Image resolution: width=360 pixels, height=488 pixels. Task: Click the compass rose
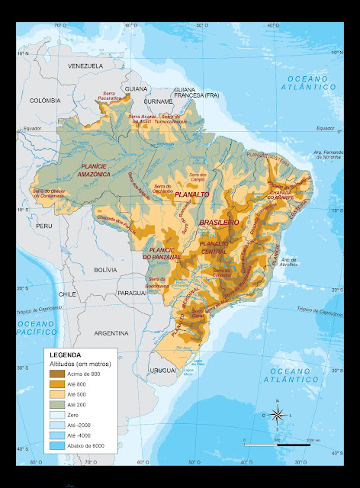point(278,416)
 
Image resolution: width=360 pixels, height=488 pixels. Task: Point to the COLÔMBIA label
point(44,100)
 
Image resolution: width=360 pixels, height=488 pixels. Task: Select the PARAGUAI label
point(131,293)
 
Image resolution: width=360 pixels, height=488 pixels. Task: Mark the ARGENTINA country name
point(111,333)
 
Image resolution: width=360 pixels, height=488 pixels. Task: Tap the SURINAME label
point(158,101)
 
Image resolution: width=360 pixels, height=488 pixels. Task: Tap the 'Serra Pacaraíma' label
point(109,95)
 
